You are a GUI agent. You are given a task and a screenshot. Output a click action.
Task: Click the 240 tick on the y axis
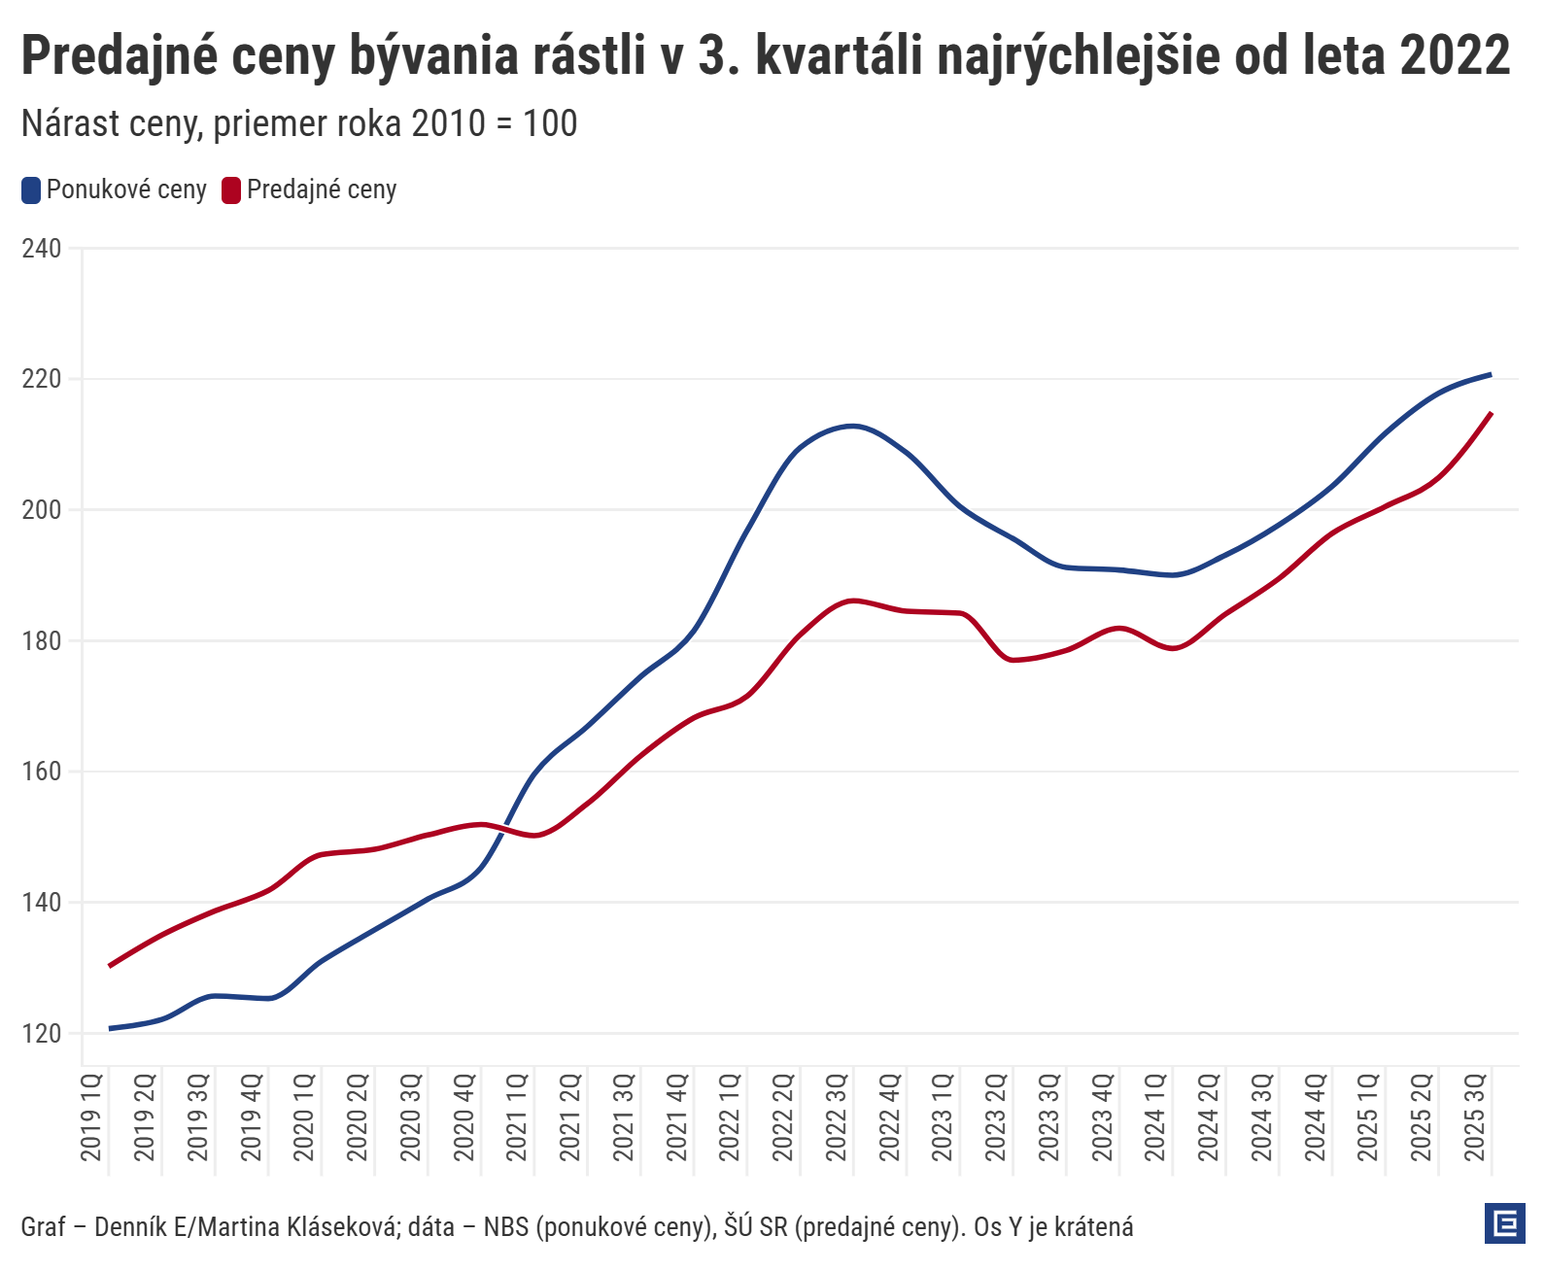[41, 249]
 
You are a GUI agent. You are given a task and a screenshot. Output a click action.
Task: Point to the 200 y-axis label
[41, 510]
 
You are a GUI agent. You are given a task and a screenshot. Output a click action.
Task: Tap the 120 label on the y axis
[41, 1034]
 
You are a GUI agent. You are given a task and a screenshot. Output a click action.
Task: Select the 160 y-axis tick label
[41, 773]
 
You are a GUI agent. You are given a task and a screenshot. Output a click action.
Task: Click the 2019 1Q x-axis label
[91, 1117]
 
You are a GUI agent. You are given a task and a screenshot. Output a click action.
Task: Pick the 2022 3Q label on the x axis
[837, 1117]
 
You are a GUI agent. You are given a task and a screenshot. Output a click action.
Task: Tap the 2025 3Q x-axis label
[1475, 1117]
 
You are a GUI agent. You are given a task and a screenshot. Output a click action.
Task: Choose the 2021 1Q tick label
[517, 1117]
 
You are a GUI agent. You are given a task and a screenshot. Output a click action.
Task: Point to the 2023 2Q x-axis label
[996, 1117]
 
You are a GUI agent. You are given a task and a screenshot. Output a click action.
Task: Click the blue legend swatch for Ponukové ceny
[31, 190]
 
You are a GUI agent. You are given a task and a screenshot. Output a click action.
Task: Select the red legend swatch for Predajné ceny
[231, 190]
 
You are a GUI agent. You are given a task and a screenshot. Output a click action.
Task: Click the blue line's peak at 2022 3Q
[852, 426]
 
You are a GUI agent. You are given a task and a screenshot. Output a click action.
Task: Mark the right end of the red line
[1491, 413]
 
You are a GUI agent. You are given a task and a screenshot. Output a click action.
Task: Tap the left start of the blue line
[110, 1028]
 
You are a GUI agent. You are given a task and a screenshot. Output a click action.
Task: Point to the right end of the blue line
[1491, 374]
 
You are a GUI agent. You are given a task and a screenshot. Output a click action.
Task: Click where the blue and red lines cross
[500, 828]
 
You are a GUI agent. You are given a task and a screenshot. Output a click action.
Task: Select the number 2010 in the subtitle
[449, 124]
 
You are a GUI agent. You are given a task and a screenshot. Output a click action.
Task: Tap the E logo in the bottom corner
[1505, 1223]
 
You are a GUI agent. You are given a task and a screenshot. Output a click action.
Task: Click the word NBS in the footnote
[506, 1227]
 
